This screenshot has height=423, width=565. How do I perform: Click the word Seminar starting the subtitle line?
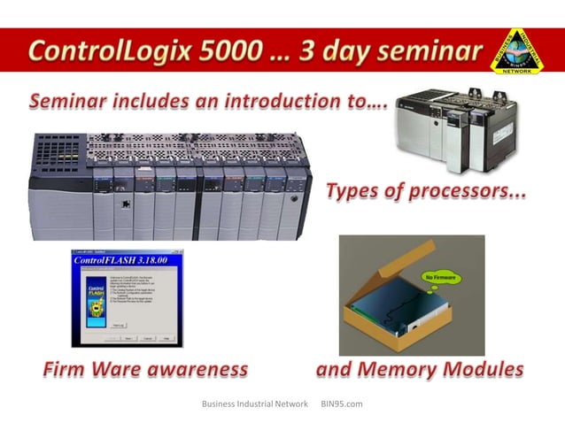[x=69, y=102]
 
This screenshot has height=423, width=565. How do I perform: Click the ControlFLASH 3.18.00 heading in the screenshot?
[x=126, y=262]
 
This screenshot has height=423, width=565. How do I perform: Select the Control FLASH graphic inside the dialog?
[x=88, y=301]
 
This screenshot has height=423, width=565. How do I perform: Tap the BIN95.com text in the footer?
[x=342, y=404]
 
